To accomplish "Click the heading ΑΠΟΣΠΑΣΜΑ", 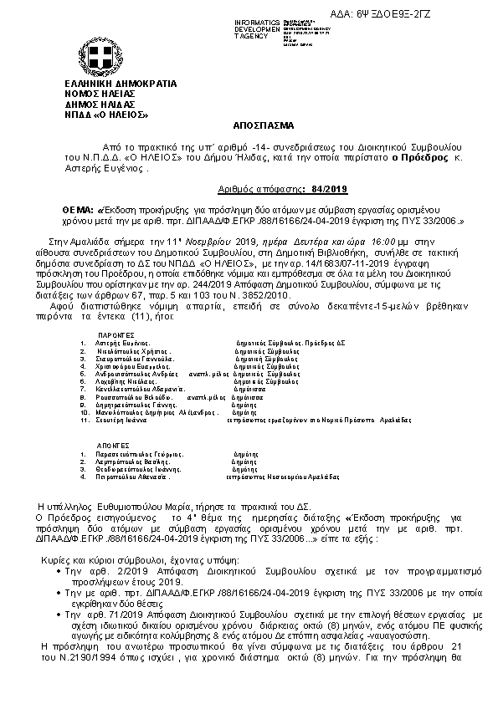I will click(x=249, y=120).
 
